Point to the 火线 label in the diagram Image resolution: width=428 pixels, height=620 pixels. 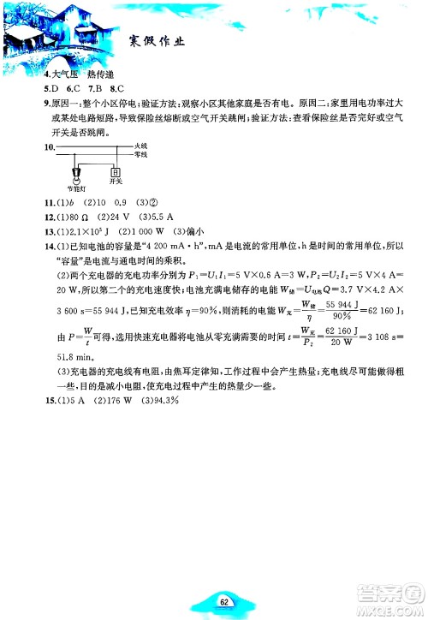(x=141, y=146)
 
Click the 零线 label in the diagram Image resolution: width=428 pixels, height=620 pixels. (x=141, y=155)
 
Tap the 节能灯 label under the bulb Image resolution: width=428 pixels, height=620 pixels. (x=75, y=186)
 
